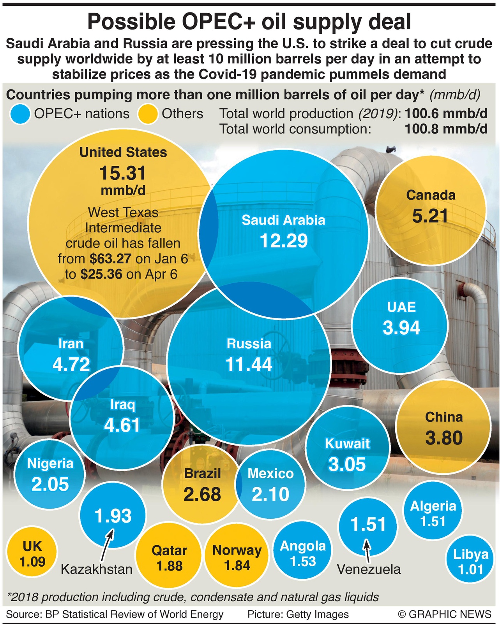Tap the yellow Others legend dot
click(x=148, y=114)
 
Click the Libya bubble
click(x=470, y=561)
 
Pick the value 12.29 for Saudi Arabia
click(x=284, y=241)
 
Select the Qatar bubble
click(x=169, y=557)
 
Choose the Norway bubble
click(x=237, y=557)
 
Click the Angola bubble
click(x=303, y=553)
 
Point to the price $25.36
click(x=101, y=274)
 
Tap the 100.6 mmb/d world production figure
click(x=446, y=114)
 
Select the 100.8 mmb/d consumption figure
click(x=446, y=129)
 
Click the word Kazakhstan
click(x=97, y=569)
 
